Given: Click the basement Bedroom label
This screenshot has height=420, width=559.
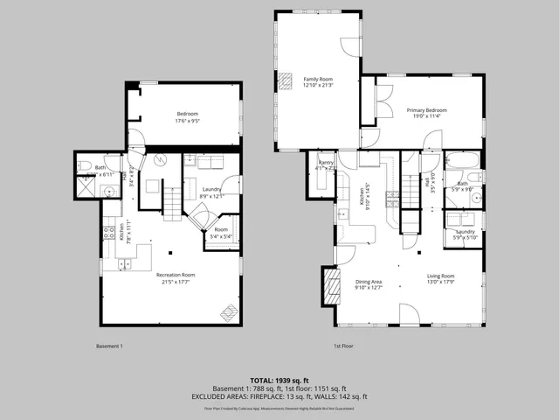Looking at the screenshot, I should tap(188, 114).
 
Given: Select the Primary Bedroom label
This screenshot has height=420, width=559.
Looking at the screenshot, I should tap(426, 110).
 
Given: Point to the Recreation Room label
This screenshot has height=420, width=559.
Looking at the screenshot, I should tap(176, 275).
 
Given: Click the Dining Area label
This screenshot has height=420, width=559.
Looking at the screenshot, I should tap(369, 281).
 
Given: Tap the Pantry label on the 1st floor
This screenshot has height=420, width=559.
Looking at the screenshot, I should tap(327, 163).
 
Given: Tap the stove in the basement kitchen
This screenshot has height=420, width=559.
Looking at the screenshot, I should tap(109, 234).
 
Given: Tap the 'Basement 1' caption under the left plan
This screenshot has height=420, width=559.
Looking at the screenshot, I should tap(108, 346).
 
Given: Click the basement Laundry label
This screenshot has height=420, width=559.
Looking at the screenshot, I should tap(210, 189).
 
